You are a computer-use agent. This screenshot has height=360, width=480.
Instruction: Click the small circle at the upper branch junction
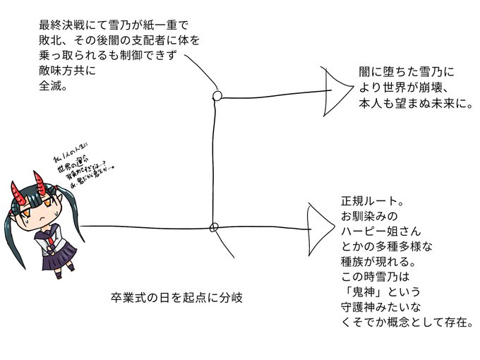pyautogui.click(x=217, y=95)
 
